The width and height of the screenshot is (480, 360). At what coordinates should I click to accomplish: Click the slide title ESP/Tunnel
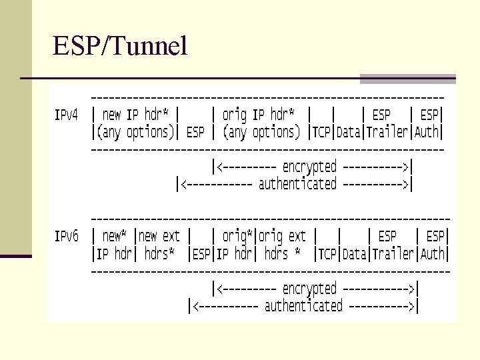[120, 46]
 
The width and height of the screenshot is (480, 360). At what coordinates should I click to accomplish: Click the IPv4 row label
[66, 115]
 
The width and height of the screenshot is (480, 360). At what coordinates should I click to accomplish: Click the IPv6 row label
[66, 236]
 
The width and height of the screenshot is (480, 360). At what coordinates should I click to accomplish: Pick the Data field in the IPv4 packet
[349, 132]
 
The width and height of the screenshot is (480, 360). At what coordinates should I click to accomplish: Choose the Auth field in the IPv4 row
[427, 132]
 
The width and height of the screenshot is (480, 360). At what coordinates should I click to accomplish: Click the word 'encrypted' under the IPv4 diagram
[309, 167]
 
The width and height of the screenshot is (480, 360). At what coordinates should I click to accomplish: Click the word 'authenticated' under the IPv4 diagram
[297, 184]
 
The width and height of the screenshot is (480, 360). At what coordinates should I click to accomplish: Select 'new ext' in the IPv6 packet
[160, 236]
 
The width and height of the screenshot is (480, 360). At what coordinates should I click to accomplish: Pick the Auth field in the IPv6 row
[433, 254]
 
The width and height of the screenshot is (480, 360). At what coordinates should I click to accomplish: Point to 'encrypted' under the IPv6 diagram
[309, 289]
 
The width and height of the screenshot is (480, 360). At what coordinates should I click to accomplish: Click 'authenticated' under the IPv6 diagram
[303, 306]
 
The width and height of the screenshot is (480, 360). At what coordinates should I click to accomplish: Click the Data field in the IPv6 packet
[355, 254]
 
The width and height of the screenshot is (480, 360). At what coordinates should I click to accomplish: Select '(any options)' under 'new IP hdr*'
[134, 132]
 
